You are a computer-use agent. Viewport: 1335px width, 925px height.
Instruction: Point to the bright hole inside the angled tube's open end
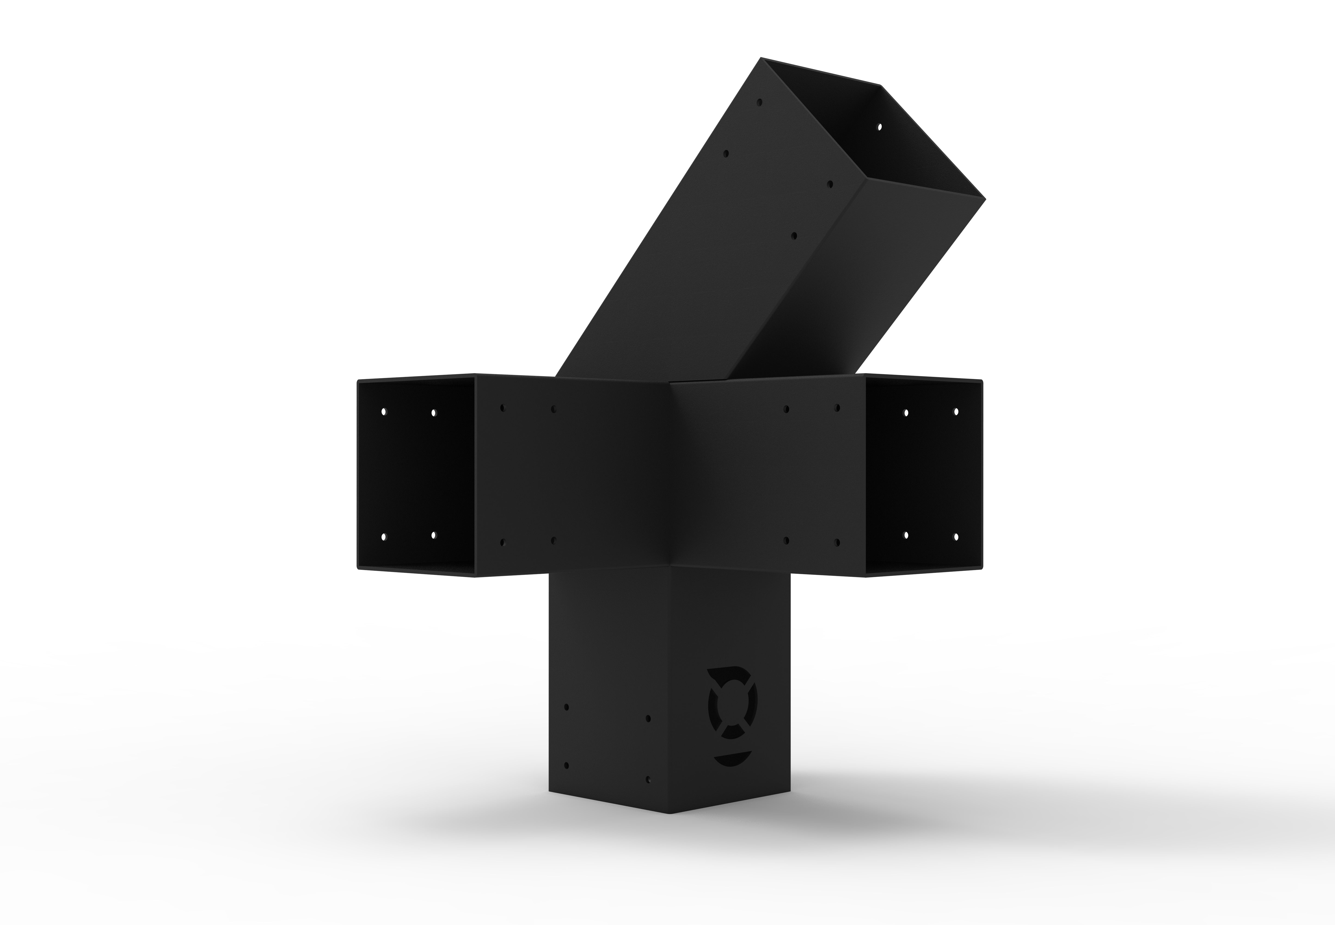(879, 126)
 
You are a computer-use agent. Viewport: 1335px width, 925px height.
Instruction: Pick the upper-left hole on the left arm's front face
(502, 408)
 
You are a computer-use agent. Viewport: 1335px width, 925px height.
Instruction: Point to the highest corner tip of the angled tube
(761, 58)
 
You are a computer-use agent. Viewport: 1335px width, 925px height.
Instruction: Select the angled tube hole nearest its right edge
(830, 184)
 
